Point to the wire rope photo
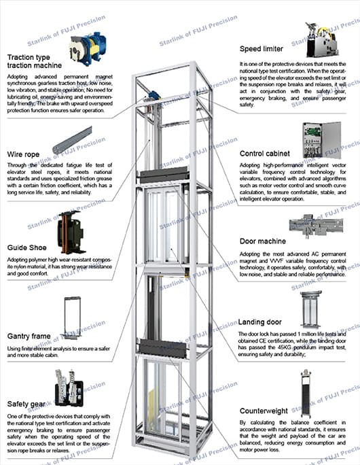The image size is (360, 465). click(x=72, y=140)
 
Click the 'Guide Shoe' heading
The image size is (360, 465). click(x=28, y=247)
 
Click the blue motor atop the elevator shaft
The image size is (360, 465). click(x=153, y=97)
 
